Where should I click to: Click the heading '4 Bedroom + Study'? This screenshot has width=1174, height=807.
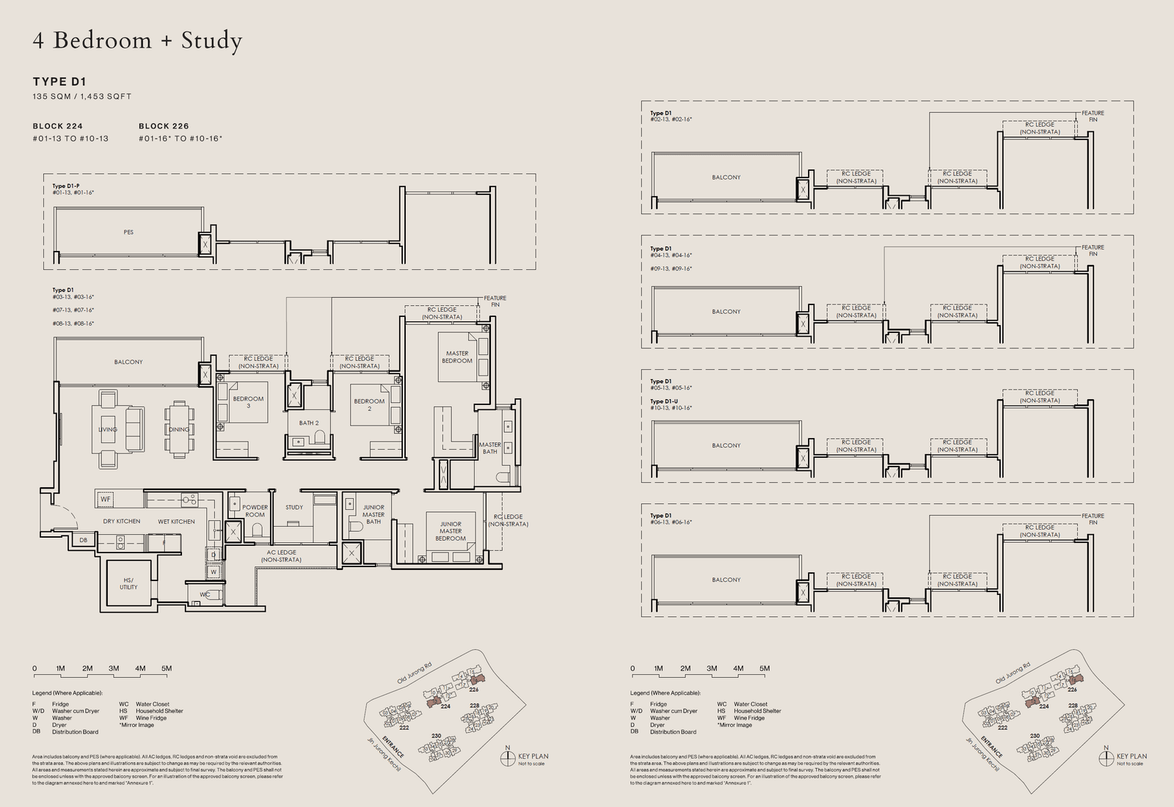coord(137,41)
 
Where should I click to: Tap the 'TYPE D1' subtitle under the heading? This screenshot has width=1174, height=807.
coord(59,81)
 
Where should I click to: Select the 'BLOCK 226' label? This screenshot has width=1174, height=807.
coord(164,126)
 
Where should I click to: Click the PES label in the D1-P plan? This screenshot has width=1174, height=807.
coord(128,233)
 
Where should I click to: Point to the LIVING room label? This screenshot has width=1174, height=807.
coord(108,429)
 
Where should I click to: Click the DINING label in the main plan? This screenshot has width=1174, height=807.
coord(178,429)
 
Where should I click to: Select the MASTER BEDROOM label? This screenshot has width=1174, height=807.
coord(457,357)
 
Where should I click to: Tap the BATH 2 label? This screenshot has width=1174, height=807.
coord(309,423)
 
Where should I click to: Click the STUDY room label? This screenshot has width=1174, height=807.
coord(294,507)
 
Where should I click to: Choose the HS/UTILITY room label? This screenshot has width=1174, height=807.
coord(128,583)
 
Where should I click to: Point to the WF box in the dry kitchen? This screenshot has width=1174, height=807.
coord(106,500)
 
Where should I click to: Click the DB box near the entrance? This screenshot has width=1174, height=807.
coord(83,540)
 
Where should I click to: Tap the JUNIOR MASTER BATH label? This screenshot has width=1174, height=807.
coord(373,514)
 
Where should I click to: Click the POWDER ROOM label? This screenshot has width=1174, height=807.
coord(255,511)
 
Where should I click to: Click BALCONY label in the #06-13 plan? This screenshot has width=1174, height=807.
coord(726,580)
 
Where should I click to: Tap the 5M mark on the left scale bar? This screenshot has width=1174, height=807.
coord(167,668)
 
